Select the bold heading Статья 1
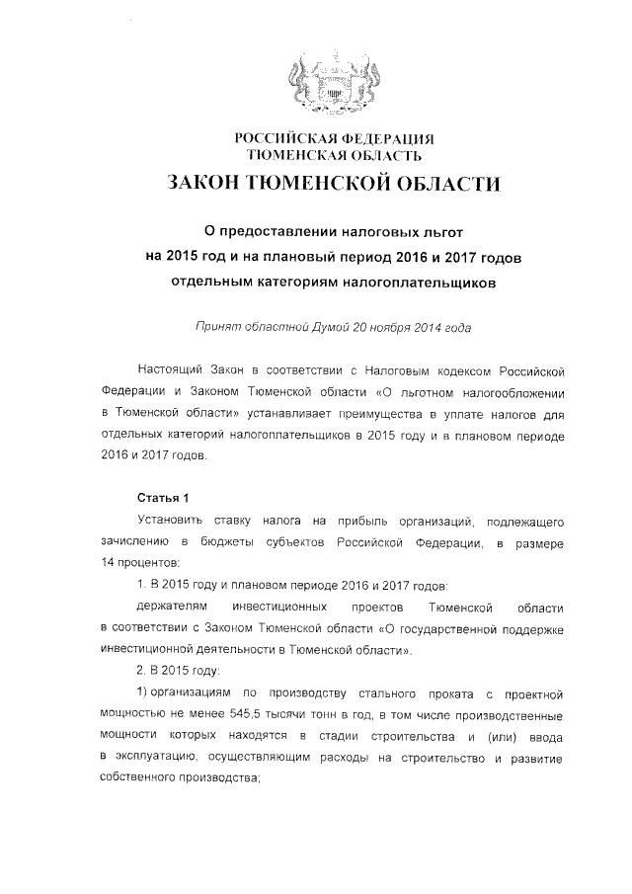(156, 496)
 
